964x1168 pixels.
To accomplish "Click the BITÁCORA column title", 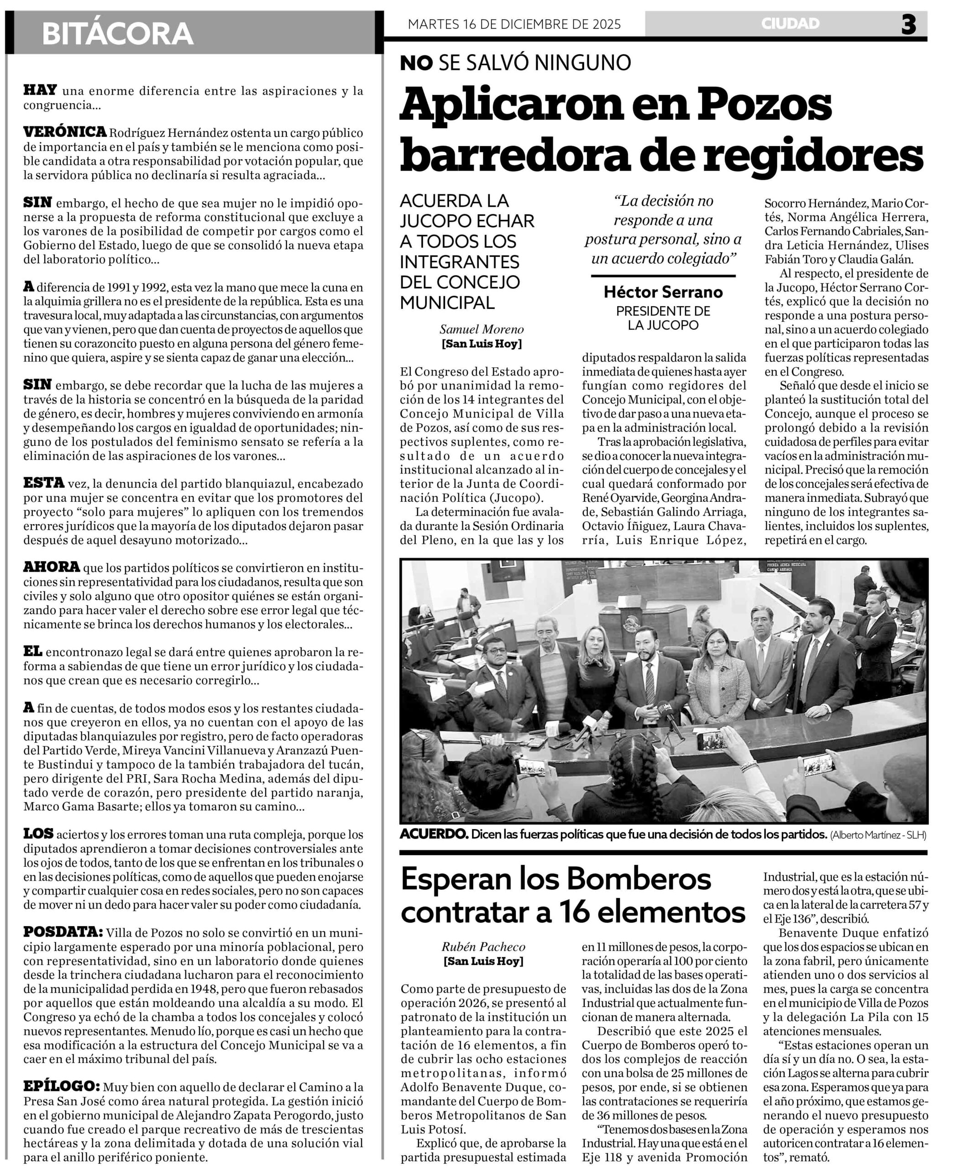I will (x=117, y=33).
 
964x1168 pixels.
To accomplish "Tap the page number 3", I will (x=908, y=25).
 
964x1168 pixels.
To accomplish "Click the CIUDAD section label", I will (x=790, y=23).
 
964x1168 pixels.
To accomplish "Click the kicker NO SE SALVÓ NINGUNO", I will (x=515, y=63).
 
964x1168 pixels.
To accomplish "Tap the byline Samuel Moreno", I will (x=482, y=330).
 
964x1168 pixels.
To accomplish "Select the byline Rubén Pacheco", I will (x=483, y=947).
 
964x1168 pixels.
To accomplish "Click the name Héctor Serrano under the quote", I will (x=663, y=292).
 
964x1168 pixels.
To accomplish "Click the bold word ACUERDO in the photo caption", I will (x=434, y=834).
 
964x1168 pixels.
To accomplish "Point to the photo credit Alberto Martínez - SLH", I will (x=879, y=835).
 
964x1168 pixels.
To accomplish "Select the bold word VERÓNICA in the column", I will (x=64, y=132).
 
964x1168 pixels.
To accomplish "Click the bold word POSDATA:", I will (x=63, y=931).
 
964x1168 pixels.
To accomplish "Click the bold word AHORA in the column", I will (x=52, y=567).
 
